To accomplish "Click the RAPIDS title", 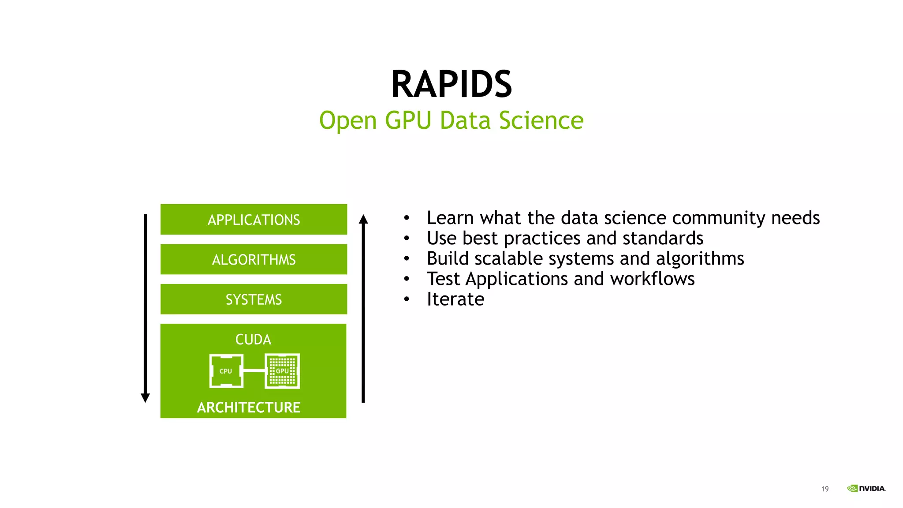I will point(451,84).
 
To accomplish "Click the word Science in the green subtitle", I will point(541,120).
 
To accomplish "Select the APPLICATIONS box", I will point(254,220).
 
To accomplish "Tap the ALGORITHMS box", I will point(254,259).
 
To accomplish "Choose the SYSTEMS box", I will point(254,299).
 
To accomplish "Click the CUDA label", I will point(253,340).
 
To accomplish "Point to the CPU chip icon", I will point(226,371).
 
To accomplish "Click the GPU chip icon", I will point(282,371).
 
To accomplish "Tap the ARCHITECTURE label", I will point(249,407).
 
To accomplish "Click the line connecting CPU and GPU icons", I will point(254,370).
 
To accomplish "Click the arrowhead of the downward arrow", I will point(145,397).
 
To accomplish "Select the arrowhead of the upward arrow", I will point(363,219).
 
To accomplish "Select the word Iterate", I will point(455,299).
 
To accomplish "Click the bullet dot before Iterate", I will point(407,299).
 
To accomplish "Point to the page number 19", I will point(825,489).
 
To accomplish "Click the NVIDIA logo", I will point(866,488).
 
